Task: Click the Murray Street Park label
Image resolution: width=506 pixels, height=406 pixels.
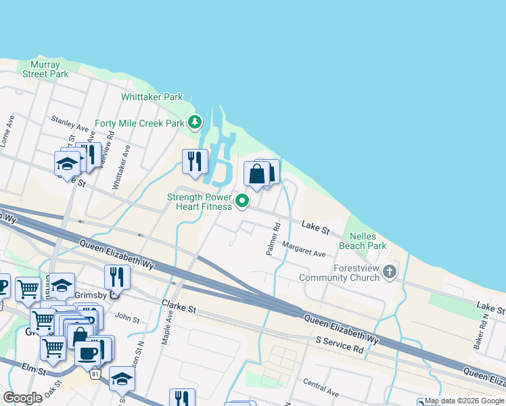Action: [45, 69]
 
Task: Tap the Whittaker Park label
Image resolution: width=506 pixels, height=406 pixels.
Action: [152, 97]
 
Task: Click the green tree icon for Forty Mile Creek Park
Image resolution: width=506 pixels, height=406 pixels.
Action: [195, 122]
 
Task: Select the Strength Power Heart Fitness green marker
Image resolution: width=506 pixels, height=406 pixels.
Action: [241, 199]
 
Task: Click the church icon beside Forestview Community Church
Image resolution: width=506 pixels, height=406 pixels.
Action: [389, 272]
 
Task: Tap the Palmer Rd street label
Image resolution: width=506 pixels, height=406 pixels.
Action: [273, 240]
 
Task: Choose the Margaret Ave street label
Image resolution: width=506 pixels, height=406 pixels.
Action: [304, 250]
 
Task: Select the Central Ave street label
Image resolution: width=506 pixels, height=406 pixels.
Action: [321, 392]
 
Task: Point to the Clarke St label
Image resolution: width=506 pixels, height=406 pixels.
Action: [179, 307]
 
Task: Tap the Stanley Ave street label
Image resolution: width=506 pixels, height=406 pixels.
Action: [70, 123]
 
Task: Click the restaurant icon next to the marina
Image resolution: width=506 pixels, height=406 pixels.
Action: [195, 161]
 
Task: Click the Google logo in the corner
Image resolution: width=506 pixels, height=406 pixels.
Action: [22, 398]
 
